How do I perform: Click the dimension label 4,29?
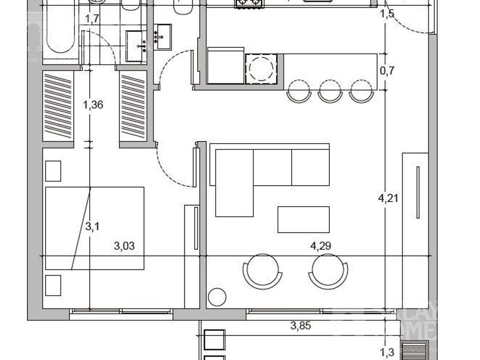pos(321,247)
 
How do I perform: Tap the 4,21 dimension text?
pos(388,199)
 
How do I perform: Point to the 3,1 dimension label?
pos(93,227)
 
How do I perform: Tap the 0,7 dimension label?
pos(387,71)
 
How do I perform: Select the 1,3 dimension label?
pos(387,353)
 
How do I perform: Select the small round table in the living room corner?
pos(217,298)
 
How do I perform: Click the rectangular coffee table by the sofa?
pos(303,219)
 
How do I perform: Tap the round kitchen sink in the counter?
pos(262,69)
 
